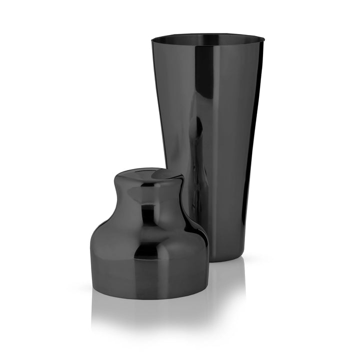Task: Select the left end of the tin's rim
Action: tap(151, 38)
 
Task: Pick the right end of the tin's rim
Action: tap(262, 38)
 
